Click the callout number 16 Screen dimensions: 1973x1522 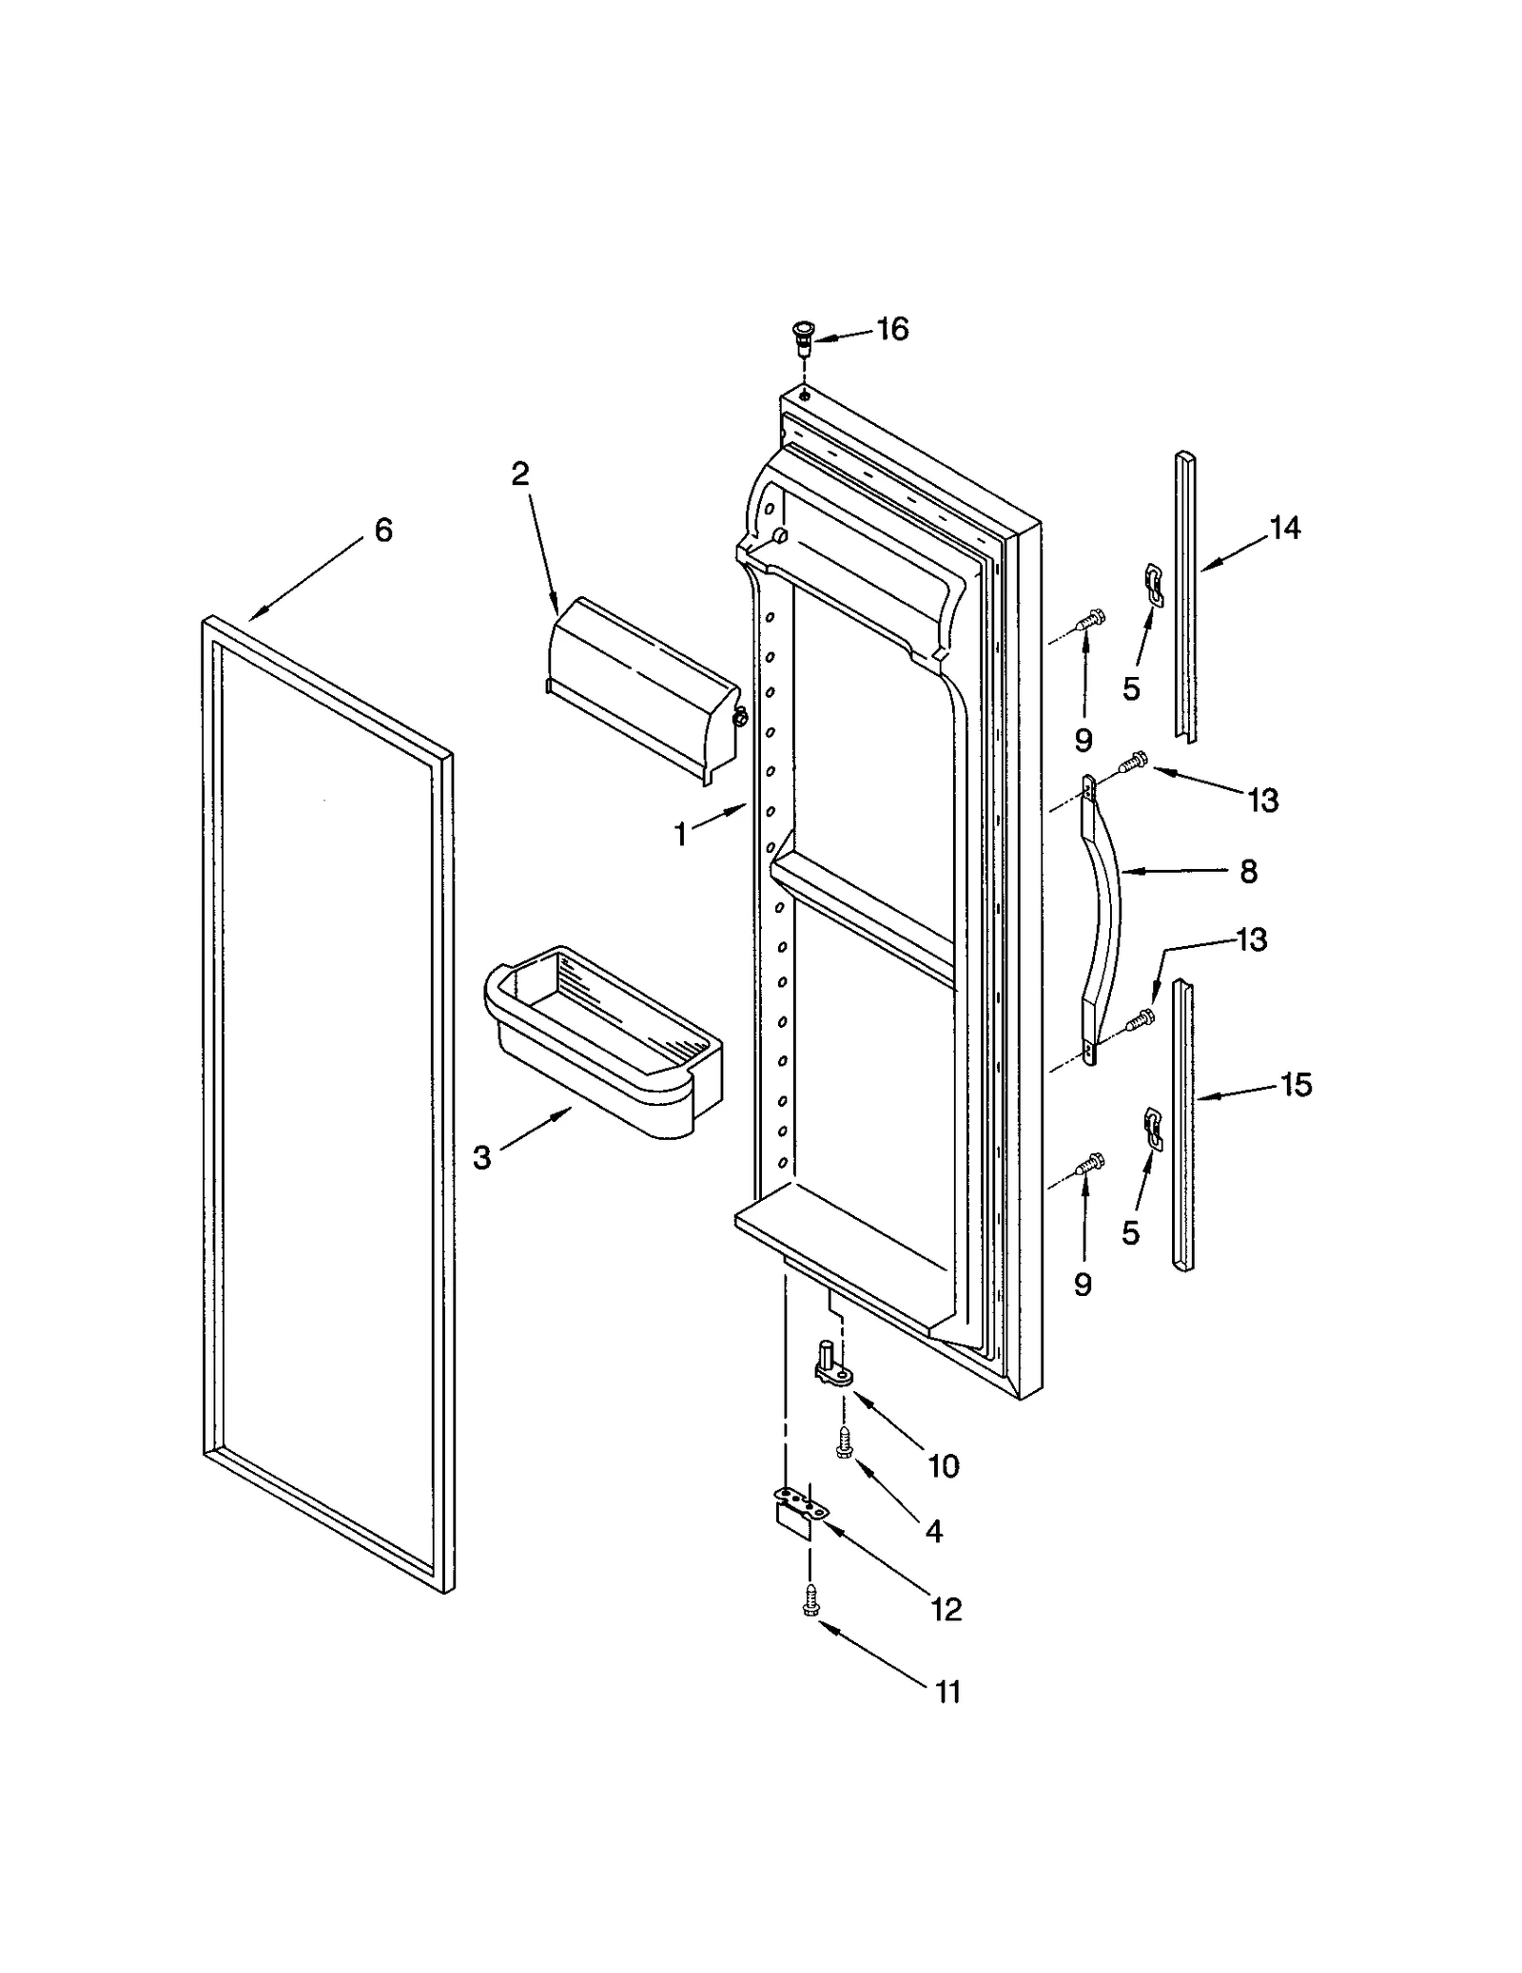[892, 329]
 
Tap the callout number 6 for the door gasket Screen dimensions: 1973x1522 [383, 531]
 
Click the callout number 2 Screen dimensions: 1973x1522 [519, 474]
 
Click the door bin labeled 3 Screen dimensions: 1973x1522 [604, 1041]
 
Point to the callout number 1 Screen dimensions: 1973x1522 [680, 835]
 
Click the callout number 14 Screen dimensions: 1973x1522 [1284, 528]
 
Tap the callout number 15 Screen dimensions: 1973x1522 [1296, 1084]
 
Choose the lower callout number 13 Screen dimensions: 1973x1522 [1252, 939]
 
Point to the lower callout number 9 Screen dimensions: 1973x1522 [1083, 1285]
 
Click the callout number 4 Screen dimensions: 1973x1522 [933, 1531]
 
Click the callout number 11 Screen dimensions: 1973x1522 [947, 1692]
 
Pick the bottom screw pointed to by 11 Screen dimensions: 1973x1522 [810, 1600]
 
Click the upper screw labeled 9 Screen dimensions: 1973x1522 [1089, 619]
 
